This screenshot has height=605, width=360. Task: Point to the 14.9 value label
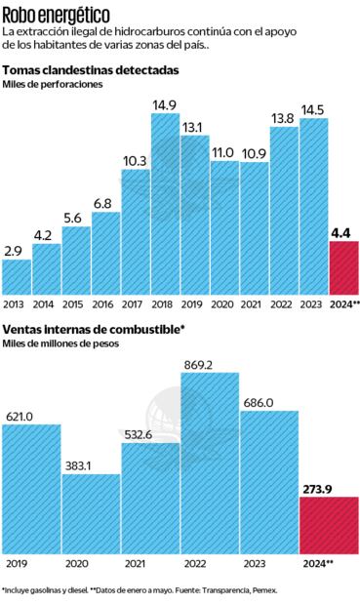[x=164, y=105]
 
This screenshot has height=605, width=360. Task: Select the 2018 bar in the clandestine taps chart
[x=165, y=205]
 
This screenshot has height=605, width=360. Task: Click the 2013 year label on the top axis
[x=16, y=304]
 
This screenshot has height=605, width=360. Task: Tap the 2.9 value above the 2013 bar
[x=14, y=252]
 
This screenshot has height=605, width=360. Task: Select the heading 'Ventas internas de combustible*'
[x=94, y=329]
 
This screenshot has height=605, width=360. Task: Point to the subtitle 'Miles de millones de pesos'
[x=60, y=343]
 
